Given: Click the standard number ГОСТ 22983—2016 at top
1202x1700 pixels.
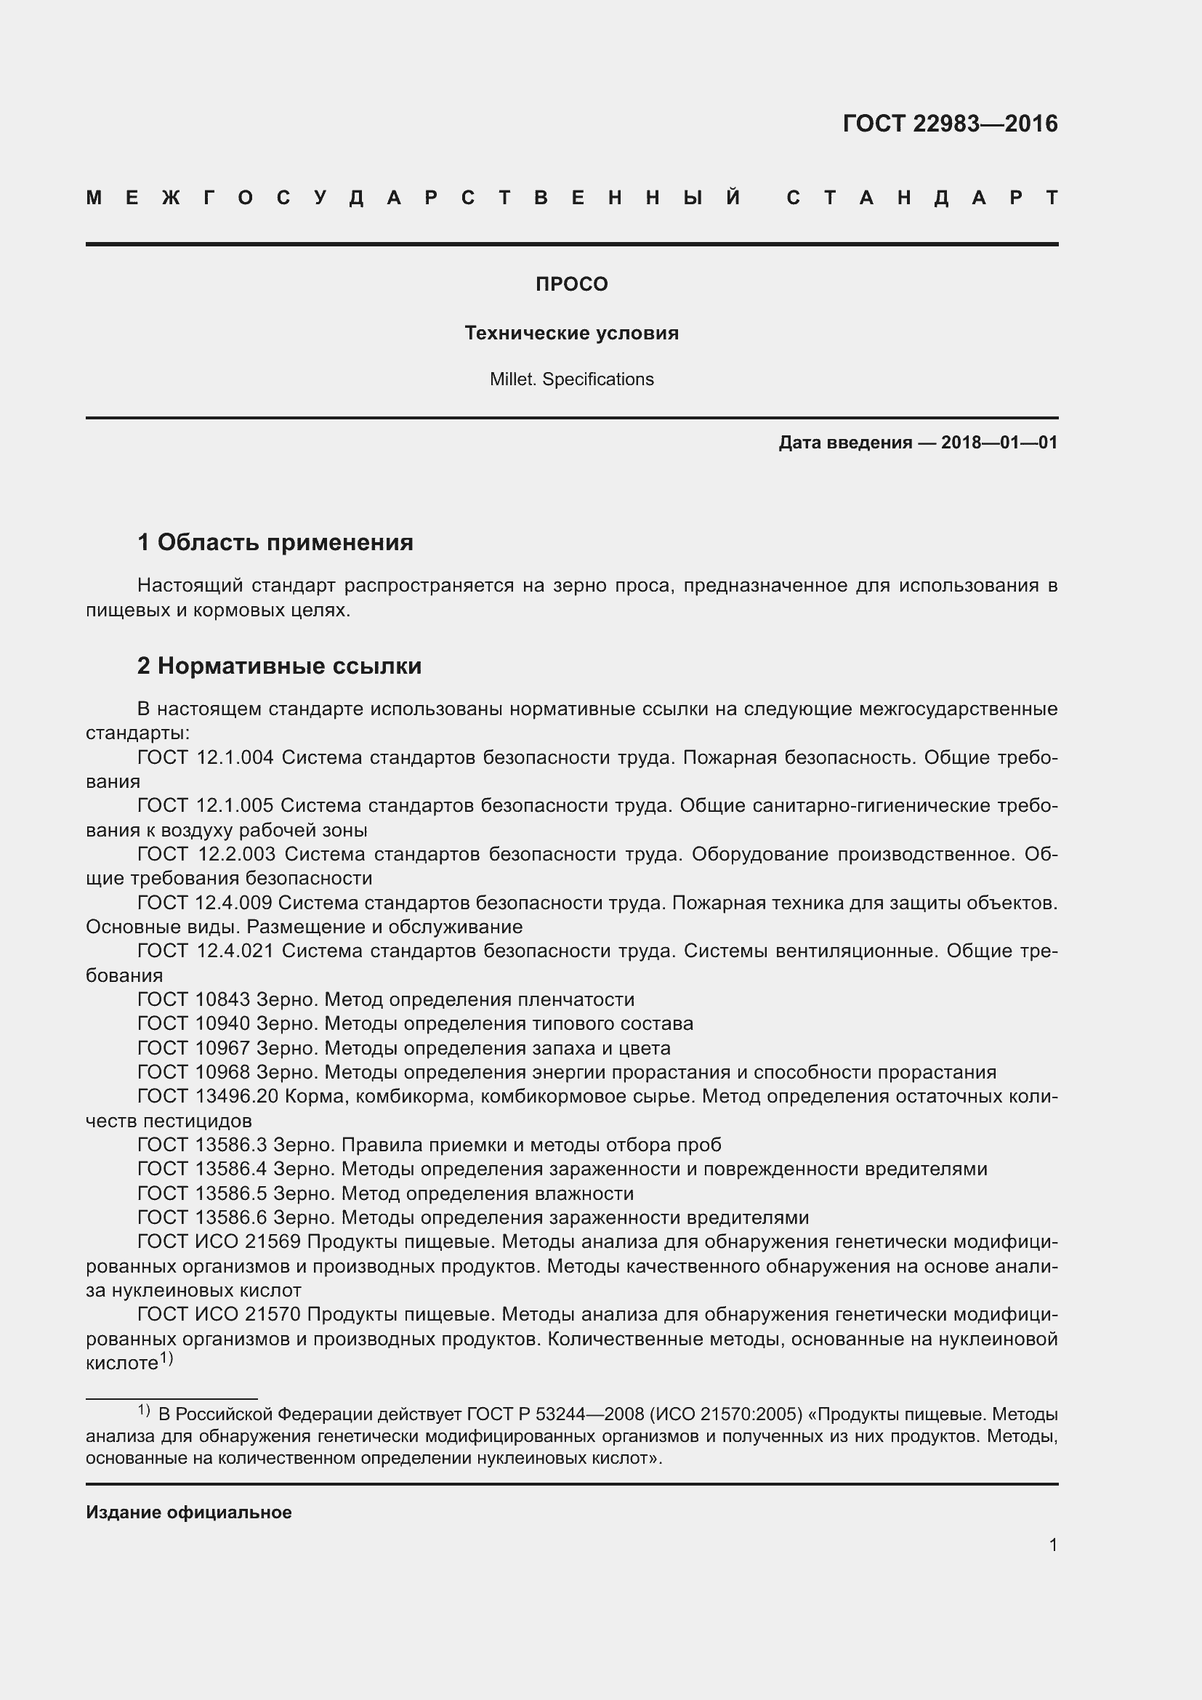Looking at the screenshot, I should coord(950,124).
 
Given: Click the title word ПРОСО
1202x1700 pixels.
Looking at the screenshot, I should coord(571,284).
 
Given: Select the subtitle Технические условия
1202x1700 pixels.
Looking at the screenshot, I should coord(571,333).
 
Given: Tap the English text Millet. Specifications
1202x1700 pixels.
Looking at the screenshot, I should coord(571,379).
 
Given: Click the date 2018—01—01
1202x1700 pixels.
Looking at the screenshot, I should coord(999,443).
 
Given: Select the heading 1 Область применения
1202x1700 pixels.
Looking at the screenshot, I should coord(275,543).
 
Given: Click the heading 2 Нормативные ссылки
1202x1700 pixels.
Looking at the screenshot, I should coord(279,666).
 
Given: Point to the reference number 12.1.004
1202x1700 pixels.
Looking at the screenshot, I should coord(235,757).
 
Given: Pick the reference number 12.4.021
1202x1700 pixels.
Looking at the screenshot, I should coord(235,951).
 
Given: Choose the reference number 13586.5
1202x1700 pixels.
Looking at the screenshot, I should coord(231,1193).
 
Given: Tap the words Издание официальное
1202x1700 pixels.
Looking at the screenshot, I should coord(189,1512).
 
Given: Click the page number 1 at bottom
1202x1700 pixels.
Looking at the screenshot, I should coord(1053,1545).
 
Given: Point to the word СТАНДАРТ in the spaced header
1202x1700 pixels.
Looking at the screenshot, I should coord(922,198).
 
